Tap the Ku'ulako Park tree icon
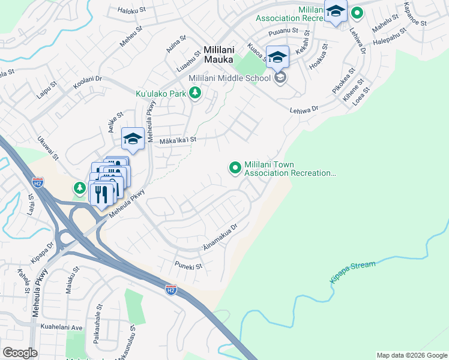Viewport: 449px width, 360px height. pos(194,93)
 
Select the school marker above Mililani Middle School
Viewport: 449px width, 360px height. pos(277,58)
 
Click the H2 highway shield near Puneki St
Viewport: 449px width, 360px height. pos(171,289)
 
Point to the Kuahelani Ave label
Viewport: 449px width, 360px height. pos(62,328)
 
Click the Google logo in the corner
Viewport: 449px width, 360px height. pos(20,352)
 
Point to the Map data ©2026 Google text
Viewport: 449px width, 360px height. pos(411,355)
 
